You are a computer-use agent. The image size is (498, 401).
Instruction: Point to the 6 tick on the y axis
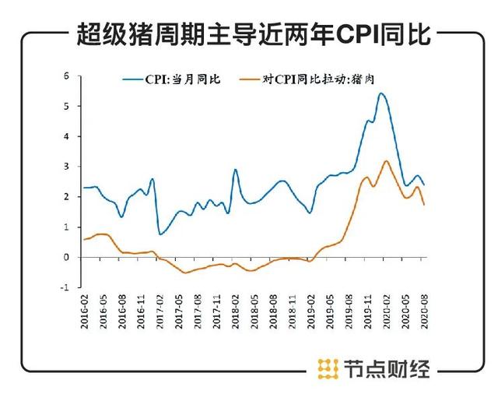[67, 76]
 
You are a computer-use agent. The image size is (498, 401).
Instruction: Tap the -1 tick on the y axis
[65, 287]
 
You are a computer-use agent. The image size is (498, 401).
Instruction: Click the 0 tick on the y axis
[67, 257]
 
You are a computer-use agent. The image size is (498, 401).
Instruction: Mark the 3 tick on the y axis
[67, 167]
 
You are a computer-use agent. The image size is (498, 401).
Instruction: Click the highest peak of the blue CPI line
[381, 93]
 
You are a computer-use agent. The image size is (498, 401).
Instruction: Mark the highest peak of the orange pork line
[386, 161]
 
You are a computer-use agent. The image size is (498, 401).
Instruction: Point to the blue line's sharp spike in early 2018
[235, 170]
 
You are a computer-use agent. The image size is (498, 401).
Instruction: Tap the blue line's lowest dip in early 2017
[160, 234]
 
